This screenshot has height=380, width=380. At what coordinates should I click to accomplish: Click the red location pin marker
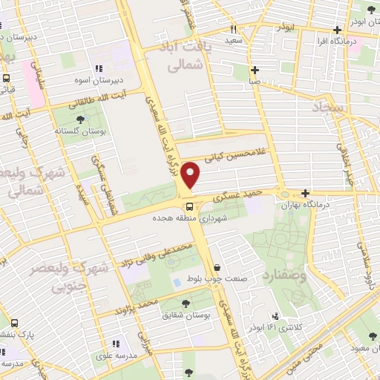click(x=191, y=175)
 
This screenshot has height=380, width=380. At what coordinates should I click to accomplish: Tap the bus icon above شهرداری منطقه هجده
click(x=189, y=206)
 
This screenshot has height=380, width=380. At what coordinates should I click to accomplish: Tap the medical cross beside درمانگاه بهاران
click(x=305, y=193)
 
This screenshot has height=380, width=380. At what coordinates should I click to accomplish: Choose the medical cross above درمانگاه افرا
click(x=338, y=30)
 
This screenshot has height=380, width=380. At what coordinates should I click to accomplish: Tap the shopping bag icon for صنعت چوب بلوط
click(x=216, y=268)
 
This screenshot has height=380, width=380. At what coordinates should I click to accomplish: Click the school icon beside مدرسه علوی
click(x=115, y=344)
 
